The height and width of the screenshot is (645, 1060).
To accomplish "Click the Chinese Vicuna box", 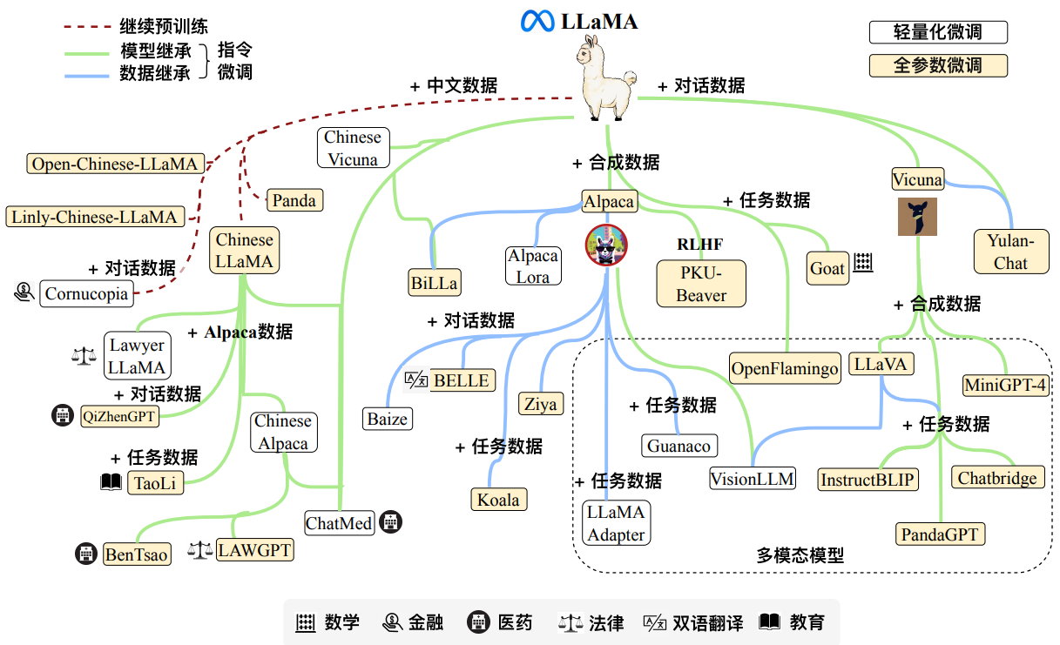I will coord(353,148).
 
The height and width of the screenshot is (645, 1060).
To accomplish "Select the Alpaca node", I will coord(609,202).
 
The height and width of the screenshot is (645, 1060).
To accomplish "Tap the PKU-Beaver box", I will coord(701,284).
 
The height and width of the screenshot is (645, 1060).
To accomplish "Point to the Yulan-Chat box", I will coord(1010,252).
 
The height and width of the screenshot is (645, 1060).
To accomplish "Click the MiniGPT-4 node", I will coord(1005,385).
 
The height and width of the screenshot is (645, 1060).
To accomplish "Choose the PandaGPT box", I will coord(941,534).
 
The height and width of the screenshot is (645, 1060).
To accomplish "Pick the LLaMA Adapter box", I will coord(616,523).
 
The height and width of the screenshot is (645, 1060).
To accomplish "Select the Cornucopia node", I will coord(86,293).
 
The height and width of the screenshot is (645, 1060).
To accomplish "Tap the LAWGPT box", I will coord(254,550).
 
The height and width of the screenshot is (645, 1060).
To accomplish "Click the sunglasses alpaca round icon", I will coord(606,244).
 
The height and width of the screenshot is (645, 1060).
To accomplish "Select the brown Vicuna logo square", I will coord(917,217).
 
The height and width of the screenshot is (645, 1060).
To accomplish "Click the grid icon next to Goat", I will coord(862,263).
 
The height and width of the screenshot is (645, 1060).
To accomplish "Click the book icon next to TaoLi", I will coord(111,482).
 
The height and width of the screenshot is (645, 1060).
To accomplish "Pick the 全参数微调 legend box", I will coord(938,65).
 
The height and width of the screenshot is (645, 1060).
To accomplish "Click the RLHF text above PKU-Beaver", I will coord(699,245).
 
